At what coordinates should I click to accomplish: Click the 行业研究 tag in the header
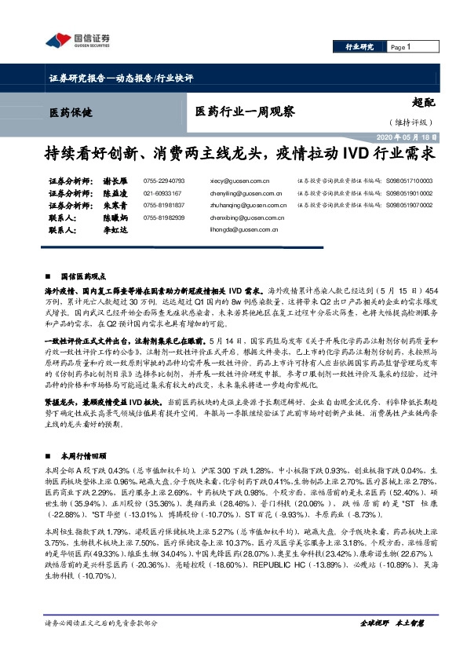[361, 48]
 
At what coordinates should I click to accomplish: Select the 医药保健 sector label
[65, 111]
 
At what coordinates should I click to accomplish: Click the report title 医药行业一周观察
[245, 112]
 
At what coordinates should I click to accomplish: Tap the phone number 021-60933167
[162, 192]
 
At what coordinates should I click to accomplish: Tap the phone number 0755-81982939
[164, 217]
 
